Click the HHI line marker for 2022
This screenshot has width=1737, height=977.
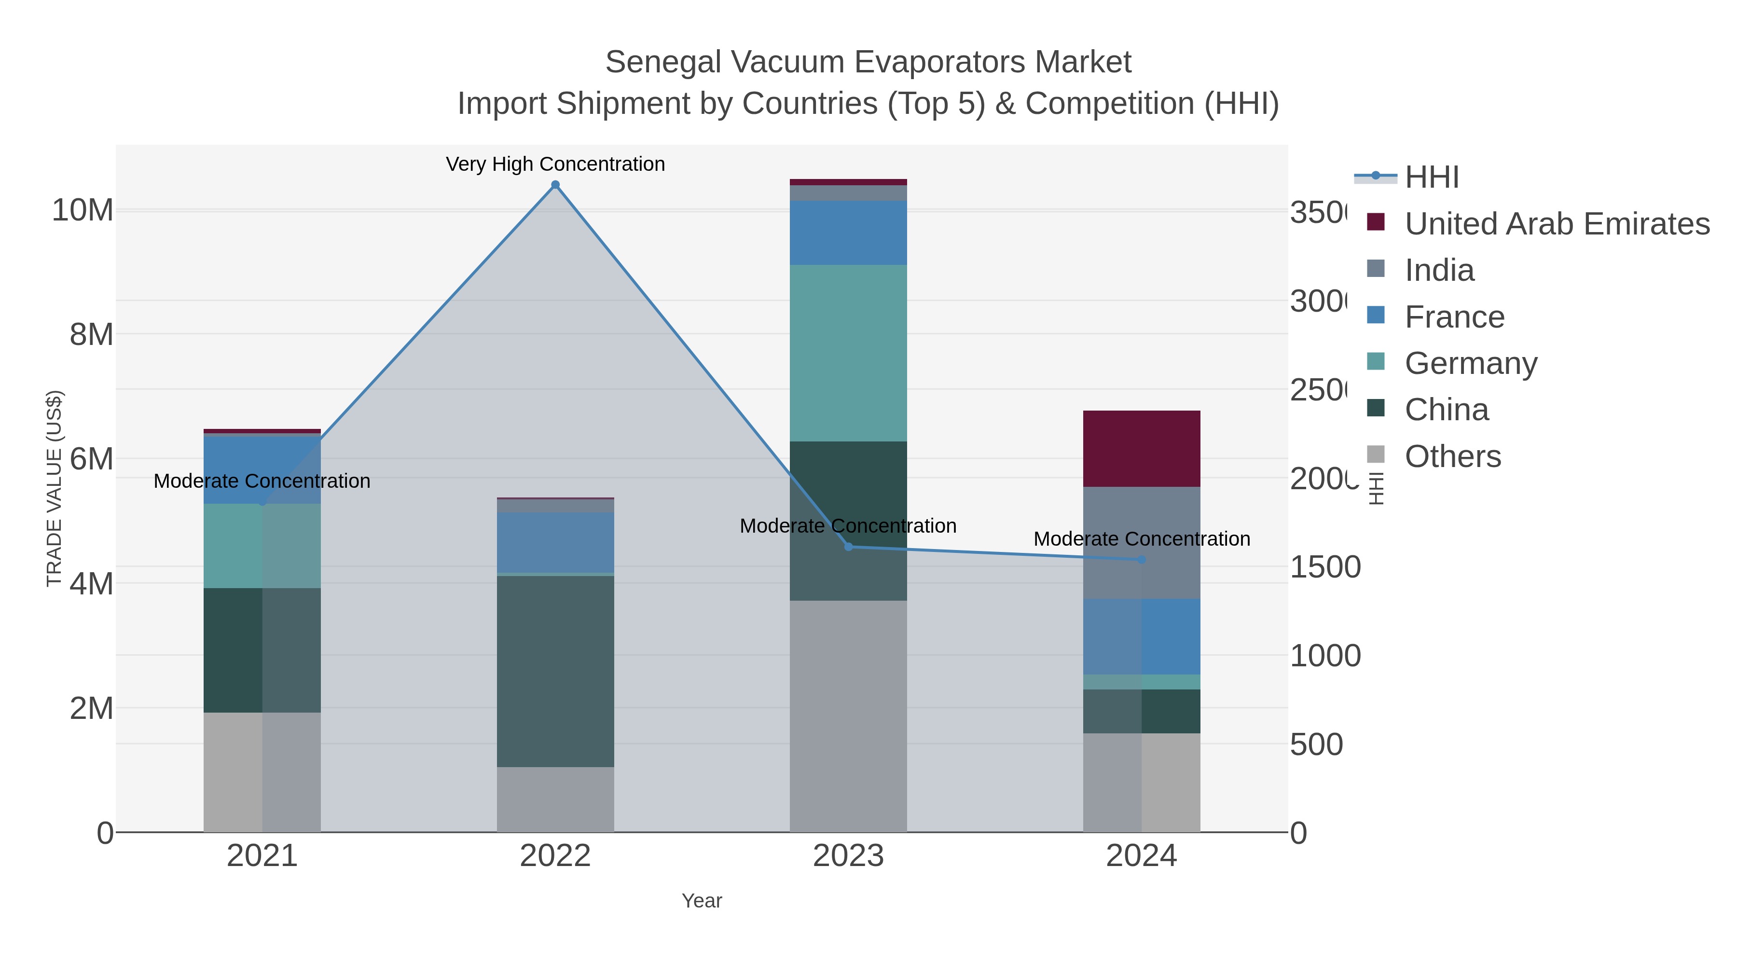(x=555, y=185)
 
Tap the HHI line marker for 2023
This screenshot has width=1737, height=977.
(x=848, y=547)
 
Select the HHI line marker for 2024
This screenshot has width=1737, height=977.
(x=1142, y=560)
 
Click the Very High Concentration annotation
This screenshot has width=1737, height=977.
(x=555, y=164)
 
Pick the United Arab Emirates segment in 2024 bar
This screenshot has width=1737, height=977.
(x=1142, y=448)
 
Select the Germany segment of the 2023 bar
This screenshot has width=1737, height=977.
(x=848, y=353)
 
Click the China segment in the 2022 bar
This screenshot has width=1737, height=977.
(x=555, y=671)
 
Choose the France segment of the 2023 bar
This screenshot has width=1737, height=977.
(x=848, y=233)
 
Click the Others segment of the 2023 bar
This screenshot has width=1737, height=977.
(x=848, y=716)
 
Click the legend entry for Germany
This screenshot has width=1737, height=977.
(x=1471, y=363)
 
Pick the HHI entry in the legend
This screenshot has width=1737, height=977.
(x=1432, y=178)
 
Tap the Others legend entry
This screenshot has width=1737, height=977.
(x=1452, y=456)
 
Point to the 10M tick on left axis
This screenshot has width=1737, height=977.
(x=82, y=210)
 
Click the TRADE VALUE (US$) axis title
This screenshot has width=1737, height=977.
(x=54, y=488)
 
